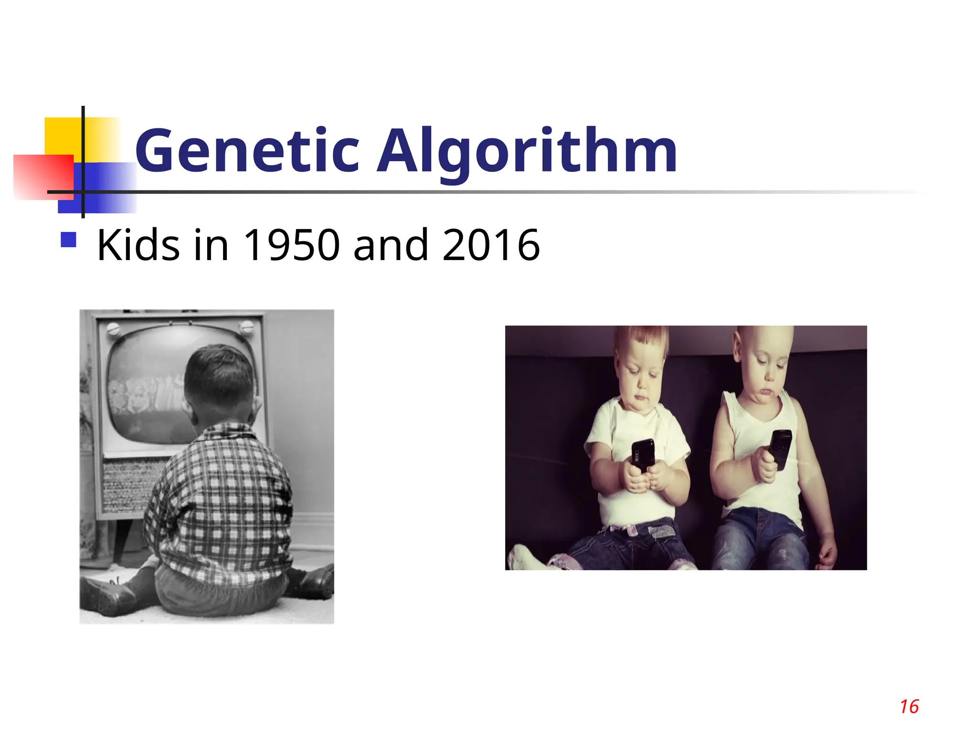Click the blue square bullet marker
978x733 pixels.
tap(69, 240)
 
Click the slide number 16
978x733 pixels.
tap(909, 707)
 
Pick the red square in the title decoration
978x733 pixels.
tap(43, 177)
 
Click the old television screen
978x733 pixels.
tap(143, 382)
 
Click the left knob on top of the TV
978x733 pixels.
tap(114, 328)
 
